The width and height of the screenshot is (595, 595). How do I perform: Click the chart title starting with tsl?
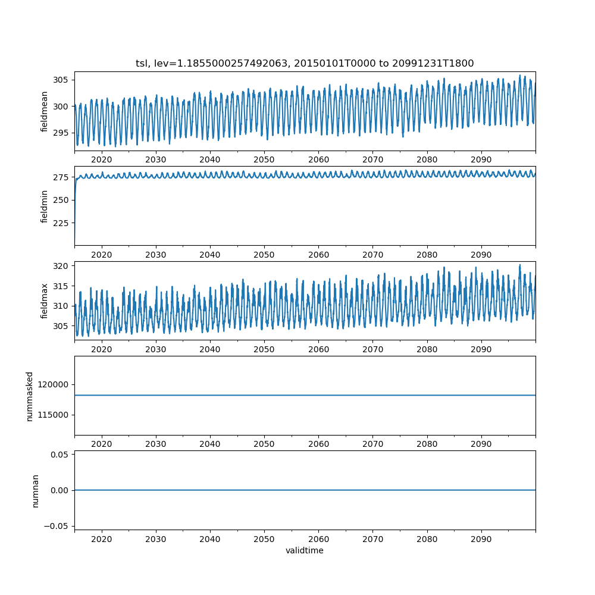[x=305, y=64]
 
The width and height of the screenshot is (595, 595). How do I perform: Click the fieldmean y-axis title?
[x=44, y=112]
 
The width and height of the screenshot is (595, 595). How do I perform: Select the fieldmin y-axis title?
[x=44, y=206]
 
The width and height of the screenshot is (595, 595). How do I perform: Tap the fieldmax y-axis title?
[x=44, y=301]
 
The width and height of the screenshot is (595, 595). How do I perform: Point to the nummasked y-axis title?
[x=30, y=396]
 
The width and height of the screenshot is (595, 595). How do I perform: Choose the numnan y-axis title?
[x=35, y=491]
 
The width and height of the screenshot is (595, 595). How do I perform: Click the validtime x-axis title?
[x=305, y=550]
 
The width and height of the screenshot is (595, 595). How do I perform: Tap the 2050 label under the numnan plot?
[x=264, y=539]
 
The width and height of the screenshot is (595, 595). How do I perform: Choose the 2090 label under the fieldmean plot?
[x=481, y=159]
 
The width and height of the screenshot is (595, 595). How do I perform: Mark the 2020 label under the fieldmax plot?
[x=101, y=349]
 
